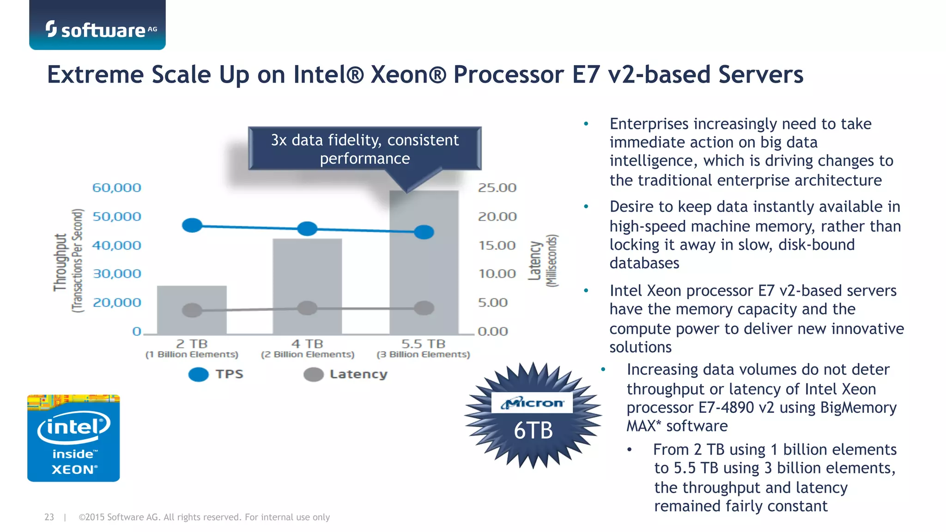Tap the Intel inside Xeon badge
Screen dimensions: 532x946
coord(73,438)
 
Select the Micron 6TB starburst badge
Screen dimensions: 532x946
coord(533,416)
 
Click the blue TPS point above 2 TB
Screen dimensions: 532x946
coord(192,225)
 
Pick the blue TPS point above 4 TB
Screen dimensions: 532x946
coord(307,229)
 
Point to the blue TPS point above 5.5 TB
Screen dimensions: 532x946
coord(424,232)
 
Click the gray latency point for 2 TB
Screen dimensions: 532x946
coord(192,310)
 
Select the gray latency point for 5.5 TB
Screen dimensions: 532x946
coord(424,308)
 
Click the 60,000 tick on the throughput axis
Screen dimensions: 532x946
coord(116,188)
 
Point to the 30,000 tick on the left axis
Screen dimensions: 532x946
coord(117,274)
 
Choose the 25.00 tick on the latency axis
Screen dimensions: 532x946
coord(497,188)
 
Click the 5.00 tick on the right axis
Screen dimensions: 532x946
coord(493,302)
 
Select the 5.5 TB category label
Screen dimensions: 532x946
coord(423,344)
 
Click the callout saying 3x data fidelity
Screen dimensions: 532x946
coord(364,149)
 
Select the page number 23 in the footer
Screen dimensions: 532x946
coord(49,517)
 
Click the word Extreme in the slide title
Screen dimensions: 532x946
coord(95,75)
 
